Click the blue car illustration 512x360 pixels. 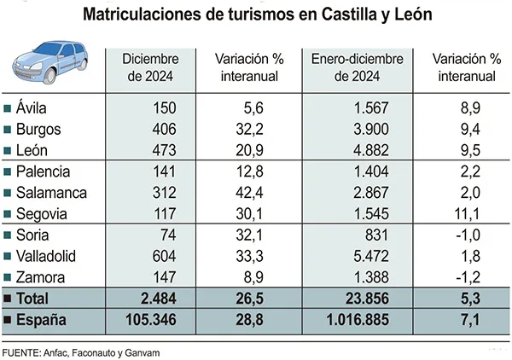pos(53,63)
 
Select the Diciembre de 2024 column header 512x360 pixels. pos(150,68)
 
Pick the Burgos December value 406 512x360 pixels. pos(163,129)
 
